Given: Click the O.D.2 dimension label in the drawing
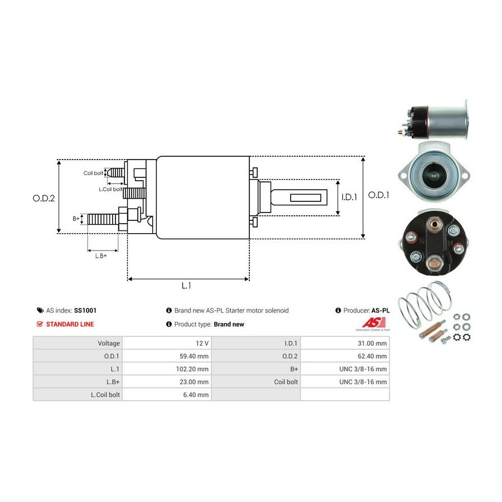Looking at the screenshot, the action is point(44,198).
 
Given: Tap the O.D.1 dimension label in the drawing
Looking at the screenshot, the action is point(379,195).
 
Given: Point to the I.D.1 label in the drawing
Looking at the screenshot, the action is point(349,197).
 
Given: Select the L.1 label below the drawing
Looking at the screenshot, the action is point(186,285).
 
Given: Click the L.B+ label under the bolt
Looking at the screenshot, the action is point(101,256).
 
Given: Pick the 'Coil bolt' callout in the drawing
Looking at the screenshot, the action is point(93,173).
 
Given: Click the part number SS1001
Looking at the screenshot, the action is point(85,310).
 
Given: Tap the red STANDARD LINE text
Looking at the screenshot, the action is point(70,324).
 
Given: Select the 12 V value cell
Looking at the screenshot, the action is point(167,343).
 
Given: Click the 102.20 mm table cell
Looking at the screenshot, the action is point(167,369).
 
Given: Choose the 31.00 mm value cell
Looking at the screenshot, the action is point(345,343).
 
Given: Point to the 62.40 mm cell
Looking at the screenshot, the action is point(345,356).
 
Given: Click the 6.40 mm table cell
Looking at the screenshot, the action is point(167,394).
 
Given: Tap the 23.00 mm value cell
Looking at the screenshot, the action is point(167,382).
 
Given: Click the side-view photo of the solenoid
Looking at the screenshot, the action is point(433,120).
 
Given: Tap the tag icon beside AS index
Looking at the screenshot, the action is point(40,310).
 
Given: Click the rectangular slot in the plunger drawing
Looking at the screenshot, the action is point(306,197).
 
